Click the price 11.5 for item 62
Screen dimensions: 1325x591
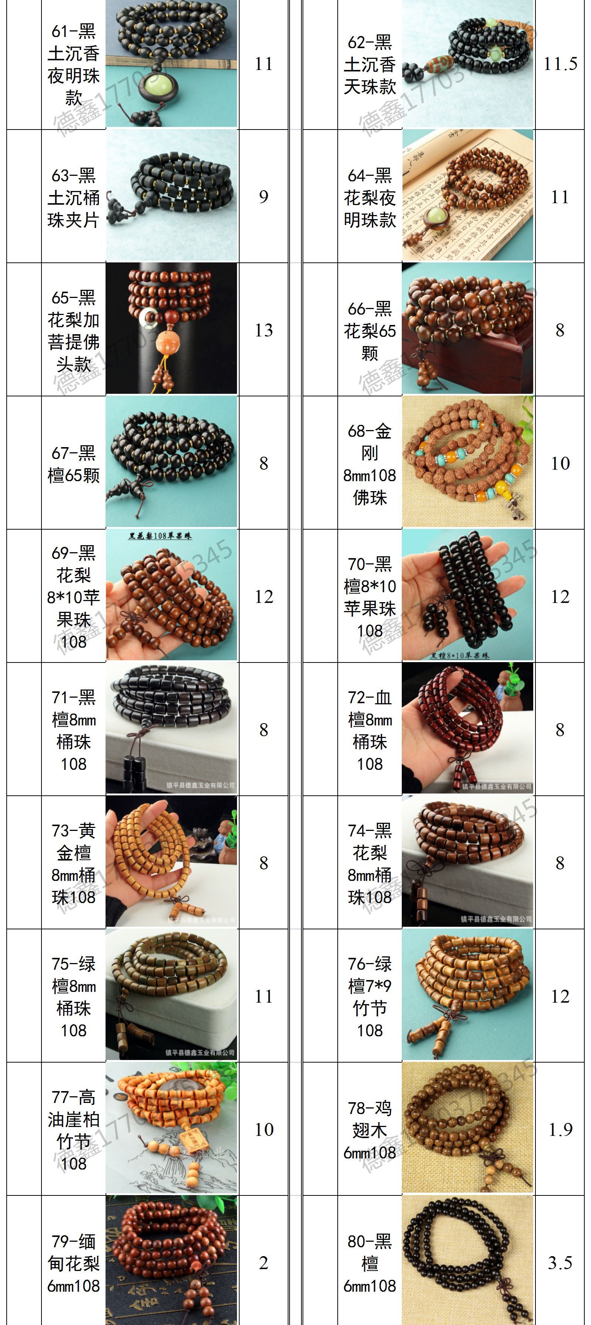pyautogui.click(x=560, y=64)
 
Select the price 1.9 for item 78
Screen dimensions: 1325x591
pyautogui.click(x=560, y=1129)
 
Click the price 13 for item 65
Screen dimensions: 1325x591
pyautogui.click(x=264, y=330)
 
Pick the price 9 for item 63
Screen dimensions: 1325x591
pyautogui.click(x=264, y=197)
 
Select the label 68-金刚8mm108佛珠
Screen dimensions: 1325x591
pyautogui.click(x=370, y=463)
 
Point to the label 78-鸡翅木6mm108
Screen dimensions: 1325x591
pyautogui.click(x=370, y=1130)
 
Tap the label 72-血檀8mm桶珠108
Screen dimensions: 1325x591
pyautogui.click(x=370, y=730)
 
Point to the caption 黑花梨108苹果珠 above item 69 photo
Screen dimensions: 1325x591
pyautogui.click(x=160, y=536)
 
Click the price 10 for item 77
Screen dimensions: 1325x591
pyautogui.click(x=264, y=1129)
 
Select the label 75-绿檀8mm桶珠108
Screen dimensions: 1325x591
pyautogui.click(x=74, y=996)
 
